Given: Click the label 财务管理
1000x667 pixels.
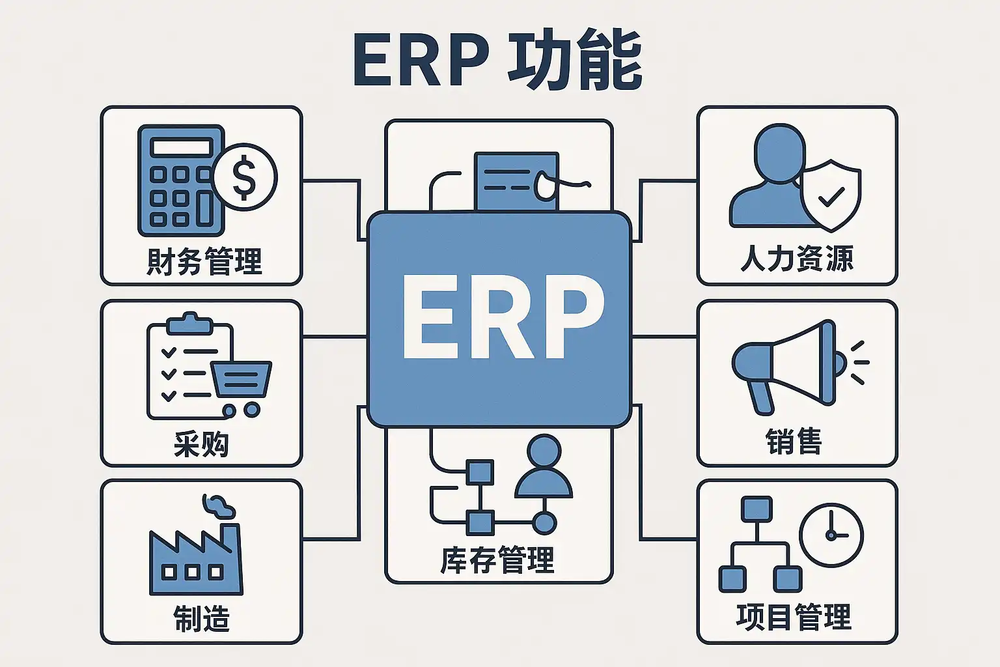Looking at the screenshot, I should (204, 262).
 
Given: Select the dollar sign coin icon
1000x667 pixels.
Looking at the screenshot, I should (245, 177).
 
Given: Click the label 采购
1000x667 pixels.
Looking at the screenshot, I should (201, 444).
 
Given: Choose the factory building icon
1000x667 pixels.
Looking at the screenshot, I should (195, 560).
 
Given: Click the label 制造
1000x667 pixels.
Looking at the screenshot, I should (201, 618).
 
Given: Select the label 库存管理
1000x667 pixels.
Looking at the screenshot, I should (498, 560).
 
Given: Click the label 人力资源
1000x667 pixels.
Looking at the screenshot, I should (797, 259).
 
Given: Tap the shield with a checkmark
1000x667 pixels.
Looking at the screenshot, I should (831, 195).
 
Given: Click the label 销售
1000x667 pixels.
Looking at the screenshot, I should (794, 441).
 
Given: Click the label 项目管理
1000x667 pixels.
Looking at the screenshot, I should (794, 617).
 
